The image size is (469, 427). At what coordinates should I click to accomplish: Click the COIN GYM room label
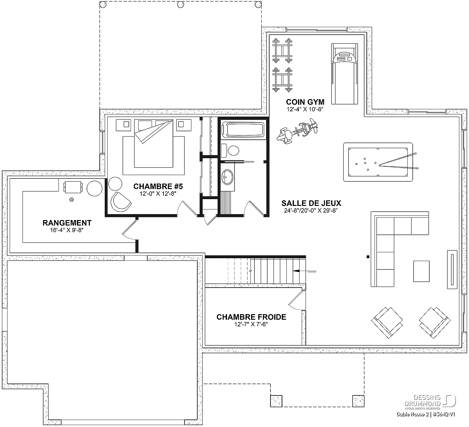(305, 102)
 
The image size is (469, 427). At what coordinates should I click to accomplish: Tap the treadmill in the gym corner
(344, 74)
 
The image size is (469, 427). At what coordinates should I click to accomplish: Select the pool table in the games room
(378, 162)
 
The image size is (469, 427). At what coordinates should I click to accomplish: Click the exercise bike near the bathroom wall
(297, 131)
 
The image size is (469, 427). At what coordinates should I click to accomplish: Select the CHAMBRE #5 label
(158, 186)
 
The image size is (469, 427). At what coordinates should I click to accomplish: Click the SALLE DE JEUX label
(311, 203)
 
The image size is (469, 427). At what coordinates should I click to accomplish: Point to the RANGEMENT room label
(67, 223)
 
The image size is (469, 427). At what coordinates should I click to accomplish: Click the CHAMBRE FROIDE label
(251, 317)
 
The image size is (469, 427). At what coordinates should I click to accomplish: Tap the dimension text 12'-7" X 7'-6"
(251, 324)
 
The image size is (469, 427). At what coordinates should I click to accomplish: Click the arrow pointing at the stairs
(305, 272)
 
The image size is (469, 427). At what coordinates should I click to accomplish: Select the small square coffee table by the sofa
(421, 271)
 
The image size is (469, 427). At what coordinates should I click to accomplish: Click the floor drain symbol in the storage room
(72, 199)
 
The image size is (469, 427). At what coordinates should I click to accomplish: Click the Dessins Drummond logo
(430, 401)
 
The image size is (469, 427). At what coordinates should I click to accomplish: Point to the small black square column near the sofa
(368, 257)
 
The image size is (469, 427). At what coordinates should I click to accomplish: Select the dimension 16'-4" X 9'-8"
(67, 230)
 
